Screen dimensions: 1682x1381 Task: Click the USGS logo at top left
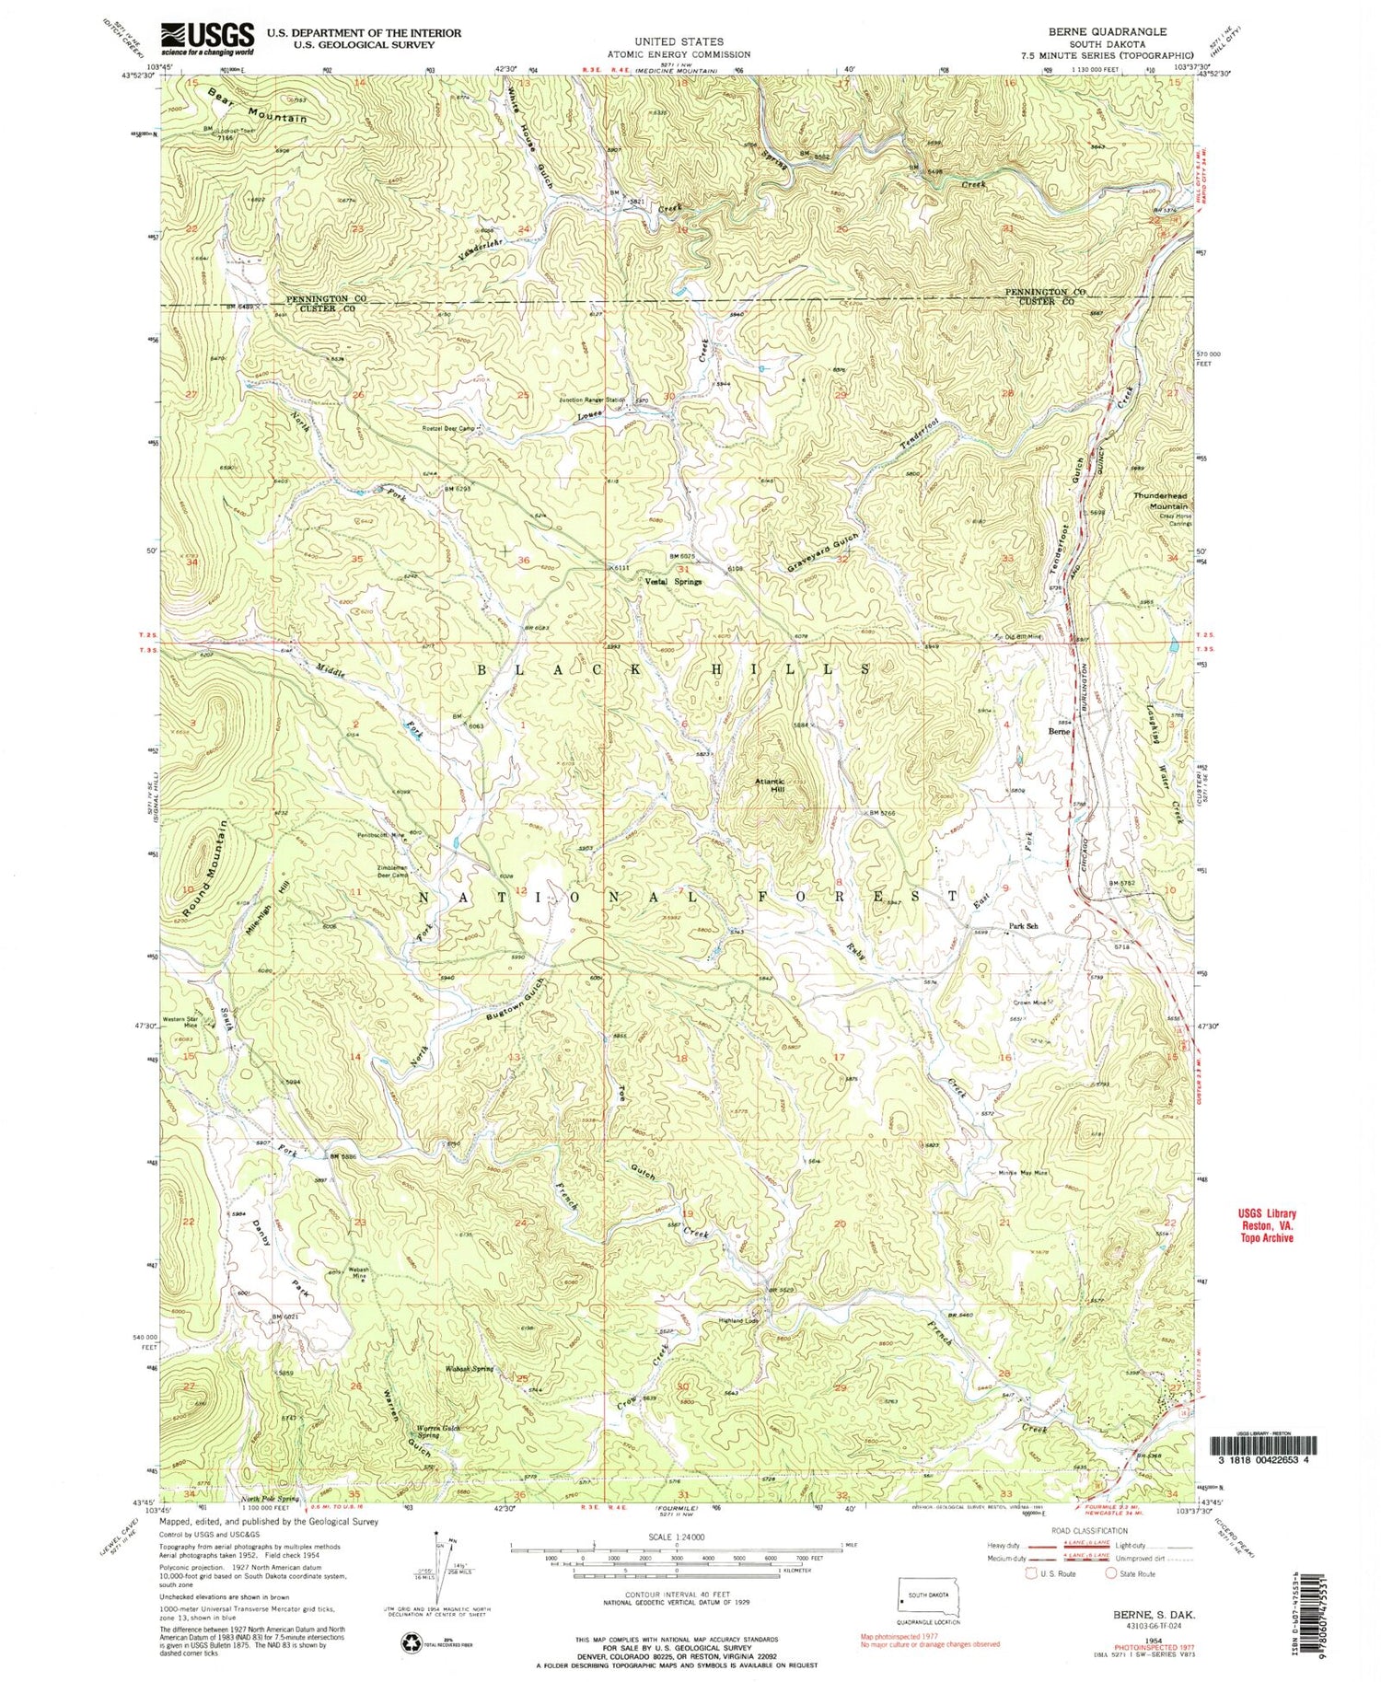tap(207, 38)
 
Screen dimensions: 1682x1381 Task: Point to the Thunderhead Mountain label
tap(1161, 501)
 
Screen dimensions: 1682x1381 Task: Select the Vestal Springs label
tap(672, 582)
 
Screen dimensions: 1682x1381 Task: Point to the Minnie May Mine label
tap(1023, 1173)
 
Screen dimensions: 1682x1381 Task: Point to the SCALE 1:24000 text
tap(676, 1537)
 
